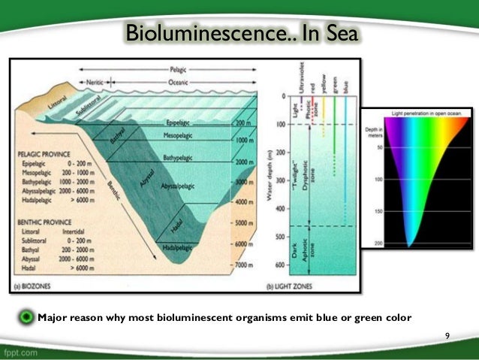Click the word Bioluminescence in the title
[192, 33]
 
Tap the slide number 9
[447, 335]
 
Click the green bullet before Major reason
[28, 317]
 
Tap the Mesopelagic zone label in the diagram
[179, 137]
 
